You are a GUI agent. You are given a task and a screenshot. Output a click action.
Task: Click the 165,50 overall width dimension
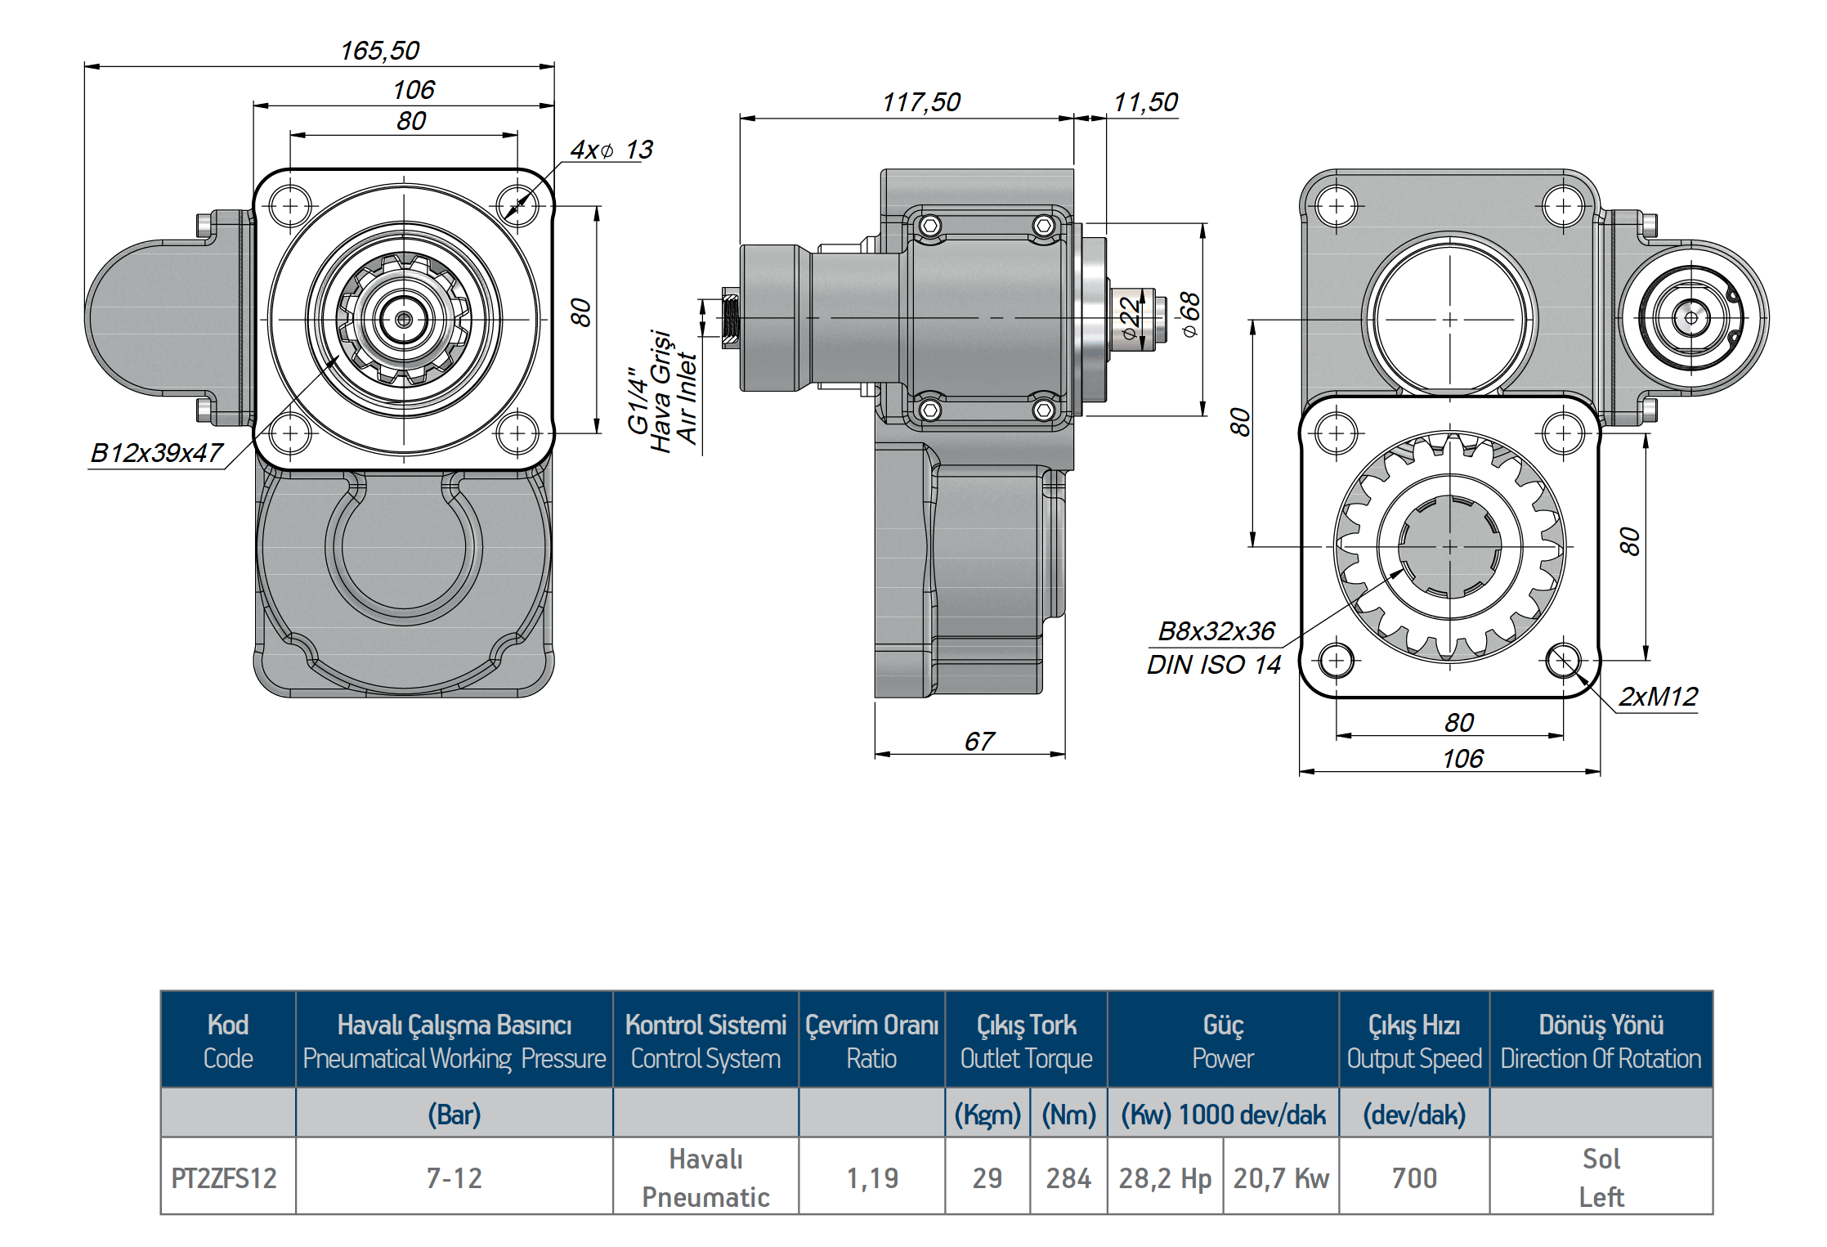coord(379,51)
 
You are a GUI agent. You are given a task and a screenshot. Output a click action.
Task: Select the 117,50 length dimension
coord(920,102)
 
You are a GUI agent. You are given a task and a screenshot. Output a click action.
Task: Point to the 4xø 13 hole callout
coord(611,150)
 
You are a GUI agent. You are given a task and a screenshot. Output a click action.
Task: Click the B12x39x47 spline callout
coord(156,453)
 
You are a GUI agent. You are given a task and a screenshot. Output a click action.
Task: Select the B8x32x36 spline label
coord(1216,631)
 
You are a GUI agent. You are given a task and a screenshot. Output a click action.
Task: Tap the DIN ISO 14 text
coord(1213,665)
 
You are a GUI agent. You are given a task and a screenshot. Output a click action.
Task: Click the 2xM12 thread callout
coord(1658,697)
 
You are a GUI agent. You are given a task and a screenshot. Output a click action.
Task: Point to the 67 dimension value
coord(978,742)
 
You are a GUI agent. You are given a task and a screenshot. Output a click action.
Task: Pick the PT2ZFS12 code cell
coord(224,1178)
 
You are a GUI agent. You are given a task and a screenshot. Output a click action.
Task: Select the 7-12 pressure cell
coord(454,1178)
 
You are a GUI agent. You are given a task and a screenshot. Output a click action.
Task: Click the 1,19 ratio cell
coord(871,1178)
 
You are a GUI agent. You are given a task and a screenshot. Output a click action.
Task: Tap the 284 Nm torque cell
coord(1068,1178)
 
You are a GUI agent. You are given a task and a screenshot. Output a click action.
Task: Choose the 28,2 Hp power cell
coord(1165,1178)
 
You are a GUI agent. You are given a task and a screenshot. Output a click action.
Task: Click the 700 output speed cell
coord(1413,1178)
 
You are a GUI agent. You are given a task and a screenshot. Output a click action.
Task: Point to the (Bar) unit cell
coord(454,1115)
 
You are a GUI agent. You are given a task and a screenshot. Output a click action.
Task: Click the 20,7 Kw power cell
coord(1281,1178)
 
